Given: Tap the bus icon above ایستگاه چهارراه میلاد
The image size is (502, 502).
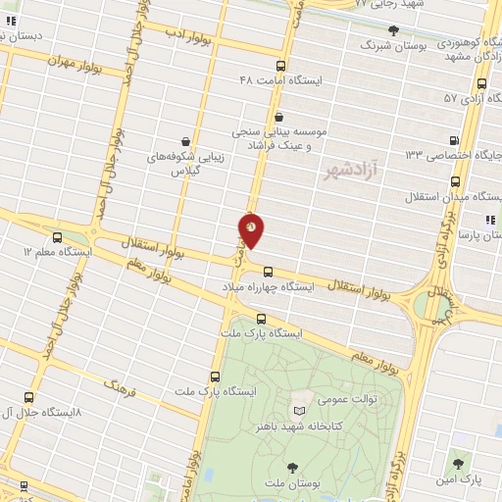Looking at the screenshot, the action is point(268,272).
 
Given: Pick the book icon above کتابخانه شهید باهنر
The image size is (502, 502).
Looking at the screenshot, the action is point(299,408).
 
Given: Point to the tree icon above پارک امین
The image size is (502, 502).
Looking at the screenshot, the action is point(458,461).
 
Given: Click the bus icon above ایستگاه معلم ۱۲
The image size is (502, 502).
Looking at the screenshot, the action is point(56,237).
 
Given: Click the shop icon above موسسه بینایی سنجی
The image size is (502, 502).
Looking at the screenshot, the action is point(279,117).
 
